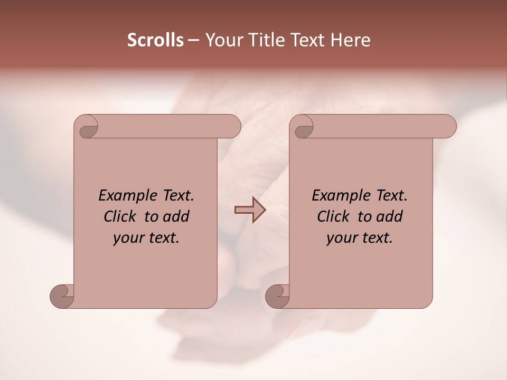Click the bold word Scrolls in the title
point(155,40)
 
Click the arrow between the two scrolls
point(250,210)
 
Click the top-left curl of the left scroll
point(88,128)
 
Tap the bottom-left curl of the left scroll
point(62,296)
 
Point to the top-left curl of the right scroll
point(303,128)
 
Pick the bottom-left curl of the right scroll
point(277,296)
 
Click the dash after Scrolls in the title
point(193,41)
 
